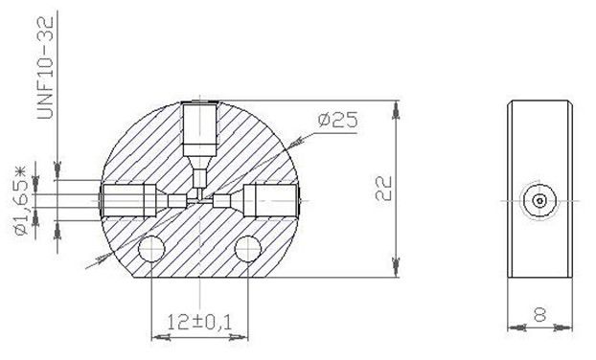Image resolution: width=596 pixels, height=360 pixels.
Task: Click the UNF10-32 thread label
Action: coord(45,67)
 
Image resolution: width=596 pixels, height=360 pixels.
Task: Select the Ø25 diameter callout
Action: coord(337,120)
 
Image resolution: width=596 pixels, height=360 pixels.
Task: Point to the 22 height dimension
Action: coord(383,189)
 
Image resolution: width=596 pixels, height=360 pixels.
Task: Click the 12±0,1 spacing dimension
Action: coord(199,322)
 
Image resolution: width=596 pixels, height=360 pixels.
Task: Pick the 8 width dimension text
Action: coord(539,315)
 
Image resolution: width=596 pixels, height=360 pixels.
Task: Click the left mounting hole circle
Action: coord(151,249)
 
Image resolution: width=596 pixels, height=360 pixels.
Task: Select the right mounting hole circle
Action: coord(248,249)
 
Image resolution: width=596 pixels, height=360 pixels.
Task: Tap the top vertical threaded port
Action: coord(200,129)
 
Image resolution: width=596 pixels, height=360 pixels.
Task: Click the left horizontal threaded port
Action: coord(129,200)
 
